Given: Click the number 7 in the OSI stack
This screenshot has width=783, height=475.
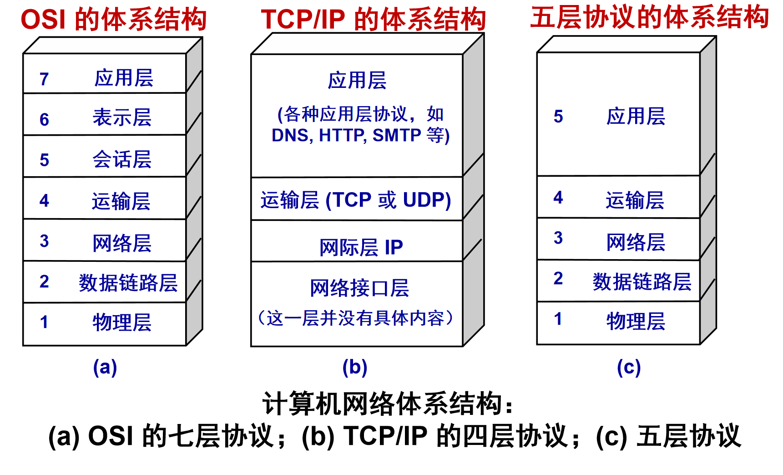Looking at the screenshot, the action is (44, 79).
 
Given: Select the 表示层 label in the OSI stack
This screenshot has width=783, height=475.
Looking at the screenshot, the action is (122, 118).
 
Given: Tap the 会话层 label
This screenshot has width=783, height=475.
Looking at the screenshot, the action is (122, 159).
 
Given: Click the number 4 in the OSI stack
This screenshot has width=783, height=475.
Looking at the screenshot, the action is (44, 200).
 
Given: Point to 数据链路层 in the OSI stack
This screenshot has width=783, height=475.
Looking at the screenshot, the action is (128, 283).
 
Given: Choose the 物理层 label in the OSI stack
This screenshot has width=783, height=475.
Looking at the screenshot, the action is (122, 322).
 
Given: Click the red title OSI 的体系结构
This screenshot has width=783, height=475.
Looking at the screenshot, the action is (114, 20).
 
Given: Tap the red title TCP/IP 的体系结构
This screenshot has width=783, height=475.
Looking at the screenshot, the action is (373, 20).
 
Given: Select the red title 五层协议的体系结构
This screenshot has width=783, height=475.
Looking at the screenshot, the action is (649, 17).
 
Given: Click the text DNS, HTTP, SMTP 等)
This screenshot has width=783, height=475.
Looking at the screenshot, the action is (360, 135).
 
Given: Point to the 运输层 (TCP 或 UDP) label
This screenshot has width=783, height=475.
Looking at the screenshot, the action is (356, 200).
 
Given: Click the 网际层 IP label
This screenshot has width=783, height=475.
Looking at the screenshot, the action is (361, 247).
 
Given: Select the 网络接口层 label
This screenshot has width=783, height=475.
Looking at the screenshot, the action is (359, 288).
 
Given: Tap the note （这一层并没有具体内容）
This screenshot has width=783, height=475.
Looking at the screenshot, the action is (356, 318).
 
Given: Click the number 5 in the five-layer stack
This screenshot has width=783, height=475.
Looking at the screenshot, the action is (558, 117).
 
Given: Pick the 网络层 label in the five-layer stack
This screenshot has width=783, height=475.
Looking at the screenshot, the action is (636, 242).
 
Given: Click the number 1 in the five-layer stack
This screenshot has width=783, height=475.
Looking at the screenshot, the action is (558, 319).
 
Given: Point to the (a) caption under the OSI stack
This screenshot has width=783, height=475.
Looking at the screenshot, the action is (105, 367).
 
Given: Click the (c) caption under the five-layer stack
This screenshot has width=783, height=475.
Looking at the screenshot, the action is (629, 367).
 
